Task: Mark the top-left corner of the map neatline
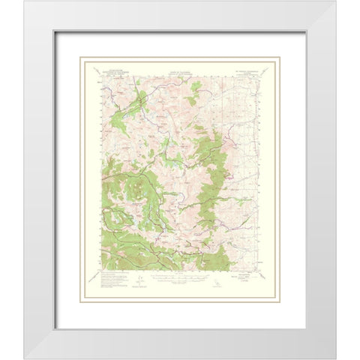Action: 100,75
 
